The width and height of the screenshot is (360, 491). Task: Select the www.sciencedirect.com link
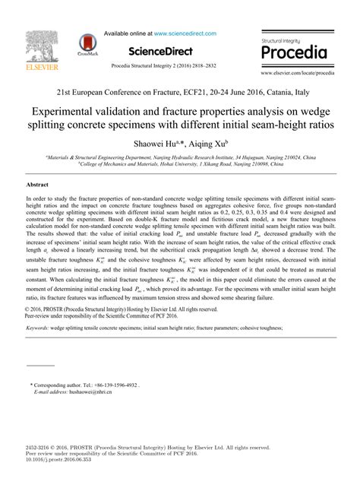[x=186, y=34]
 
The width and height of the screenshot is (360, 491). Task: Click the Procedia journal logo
[x=293, y=50]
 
